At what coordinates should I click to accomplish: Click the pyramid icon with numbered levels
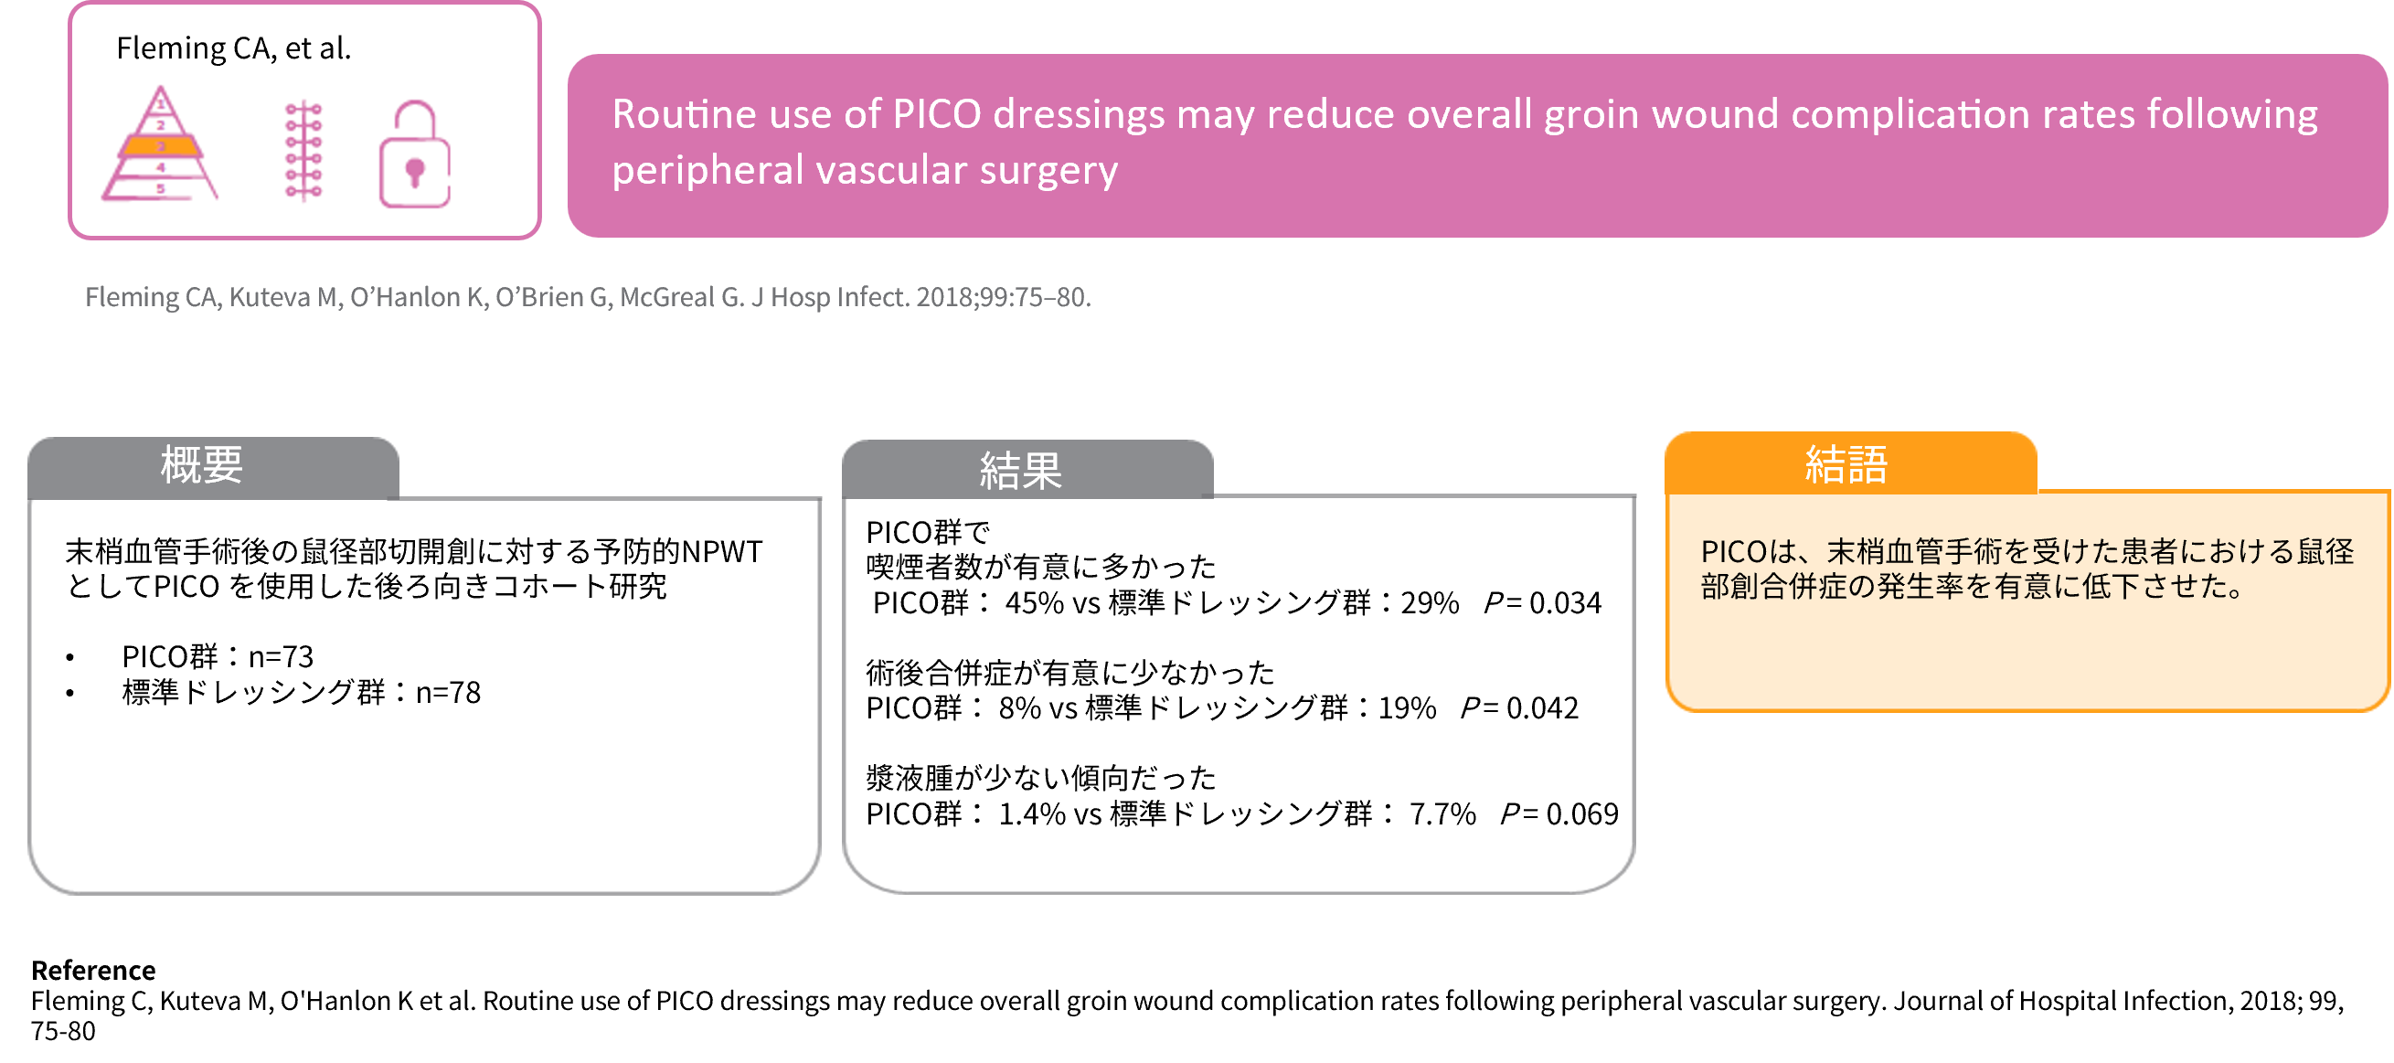click(160, 144)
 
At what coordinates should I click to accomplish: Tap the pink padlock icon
click(414, 154)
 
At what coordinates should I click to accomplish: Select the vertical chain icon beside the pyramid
click(303, 151)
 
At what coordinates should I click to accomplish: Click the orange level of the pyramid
click(161, 146)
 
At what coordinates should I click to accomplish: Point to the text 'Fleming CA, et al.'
click(233, 48)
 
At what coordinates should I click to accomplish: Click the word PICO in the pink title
click(937, 114)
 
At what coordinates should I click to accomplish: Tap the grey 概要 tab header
click(214, 467)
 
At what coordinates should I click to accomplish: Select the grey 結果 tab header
click(1027, 470)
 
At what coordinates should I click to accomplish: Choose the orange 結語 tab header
click(1850, 462)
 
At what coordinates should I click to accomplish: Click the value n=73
click(281, 657)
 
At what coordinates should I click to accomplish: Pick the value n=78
click(448, 693)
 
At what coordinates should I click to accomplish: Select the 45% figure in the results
click(1035, 603)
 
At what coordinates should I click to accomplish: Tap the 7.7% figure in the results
click(1442, 814)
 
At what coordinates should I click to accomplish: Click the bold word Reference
click(93, 970)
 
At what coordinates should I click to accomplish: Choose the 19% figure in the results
click(1407, 709)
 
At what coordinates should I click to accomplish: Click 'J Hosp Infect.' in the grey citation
click(830, 297)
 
